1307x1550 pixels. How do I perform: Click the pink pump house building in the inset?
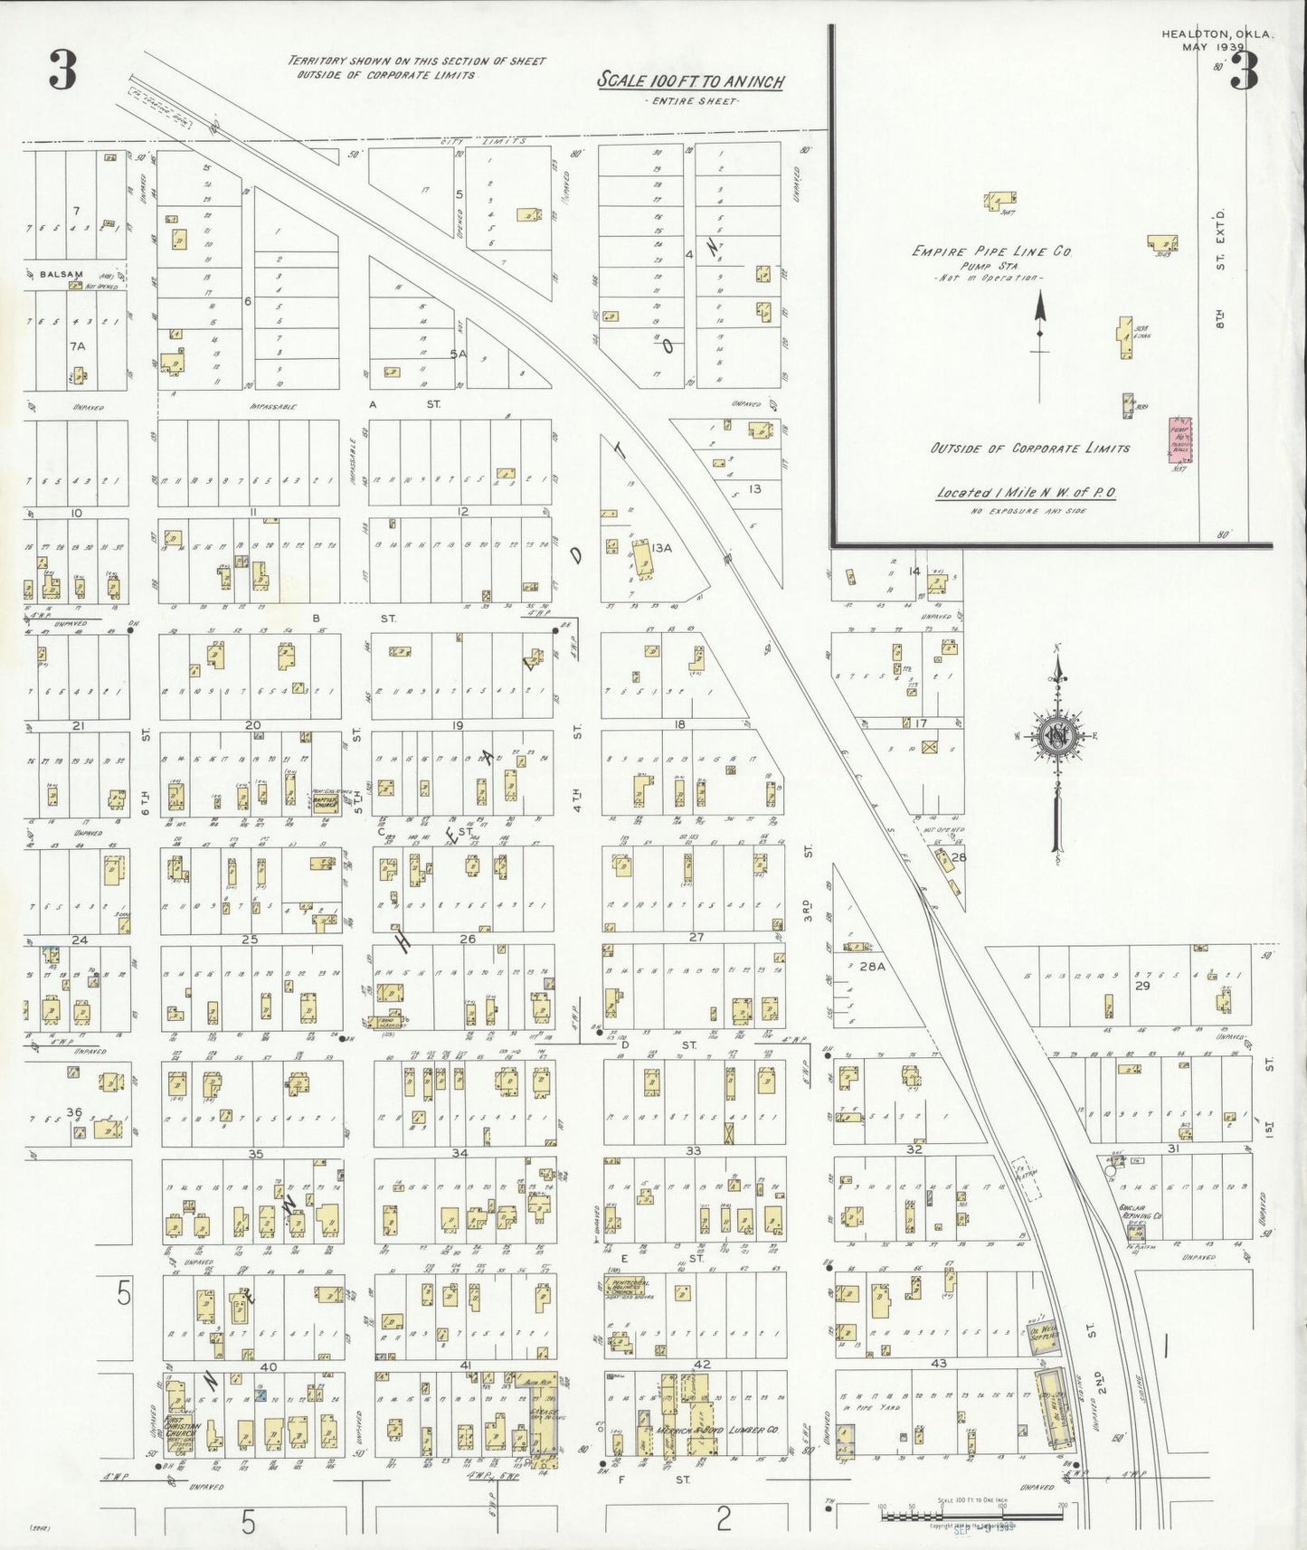[x=1179, y=440]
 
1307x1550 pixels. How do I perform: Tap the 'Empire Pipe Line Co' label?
[x=991, y=252]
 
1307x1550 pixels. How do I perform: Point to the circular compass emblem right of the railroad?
[x=1056, y=735]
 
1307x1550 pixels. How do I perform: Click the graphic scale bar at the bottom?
[x=970, y=1510]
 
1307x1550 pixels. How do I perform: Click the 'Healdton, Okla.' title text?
[x=1217, y=34]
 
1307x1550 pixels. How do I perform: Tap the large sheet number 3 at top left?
[x=62, y=73]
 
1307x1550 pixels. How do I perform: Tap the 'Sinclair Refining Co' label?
[x=1139, y=1212]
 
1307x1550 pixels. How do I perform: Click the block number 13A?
[x=662, y=547]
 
